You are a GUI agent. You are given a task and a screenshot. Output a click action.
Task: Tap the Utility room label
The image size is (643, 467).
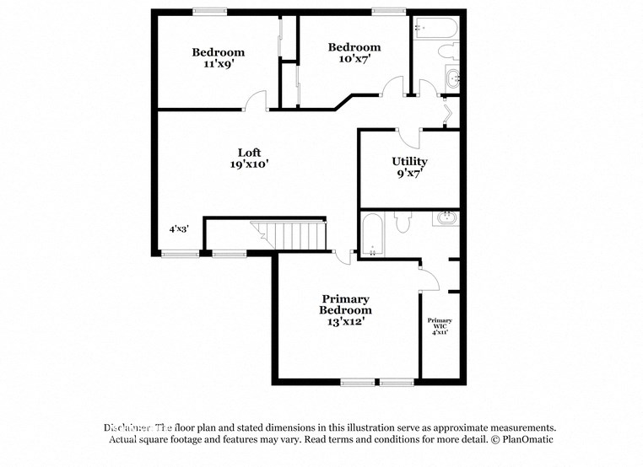tap(409, 161)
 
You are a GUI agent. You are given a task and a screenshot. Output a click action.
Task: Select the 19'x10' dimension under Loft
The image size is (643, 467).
tap(249, 165)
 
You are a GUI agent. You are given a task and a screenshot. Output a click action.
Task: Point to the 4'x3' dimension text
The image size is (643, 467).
tap(179, 228)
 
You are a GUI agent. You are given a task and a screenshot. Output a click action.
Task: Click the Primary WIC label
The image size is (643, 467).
tap(439, 321)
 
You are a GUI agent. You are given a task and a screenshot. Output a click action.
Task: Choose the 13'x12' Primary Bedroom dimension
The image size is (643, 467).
tap(345, 321)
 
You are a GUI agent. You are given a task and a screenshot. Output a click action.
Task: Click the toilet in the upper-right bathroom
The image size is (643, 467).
tap(449, 53)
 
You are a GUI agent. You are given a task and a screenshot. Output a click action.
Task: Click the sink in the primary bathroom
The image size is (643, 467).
tap(445, 219)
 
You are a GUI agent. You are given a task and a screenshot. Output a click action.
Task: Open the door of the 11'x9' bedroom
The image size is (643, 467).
tap(254, 102)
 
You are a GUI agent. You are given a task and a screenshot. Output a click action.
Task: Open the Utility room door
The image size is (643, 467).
tap(408, 137)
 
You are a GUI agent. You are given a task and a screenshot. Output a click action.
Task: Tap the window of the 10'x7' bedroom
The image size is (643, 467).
tap(388, 11)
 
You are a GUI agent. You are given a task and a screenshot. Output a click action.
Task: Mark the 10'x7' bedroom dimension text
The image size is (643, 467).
tap(354, 59)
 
